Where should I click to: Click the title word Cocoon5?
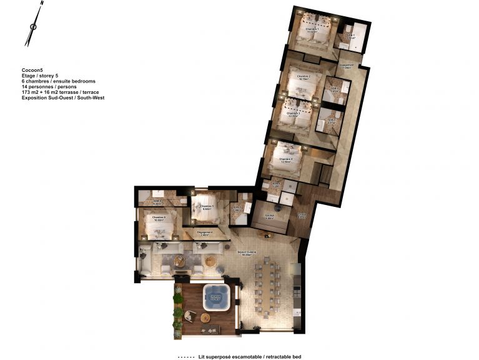32,70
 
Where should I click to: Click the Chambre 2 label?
304,78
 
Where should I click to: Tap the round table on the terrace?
207,319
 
